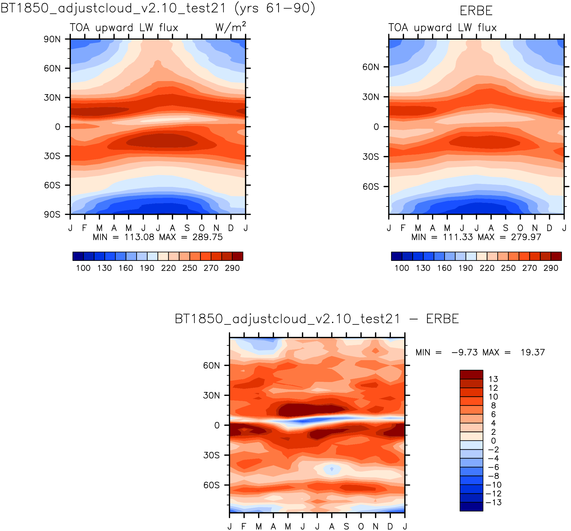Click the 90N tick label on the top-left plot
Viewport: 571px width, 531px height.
pos(52,39)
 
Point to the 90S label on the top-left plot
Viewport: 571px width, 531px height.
pos(52,215)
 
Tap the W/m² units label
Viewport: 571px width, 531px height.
pos(231,27)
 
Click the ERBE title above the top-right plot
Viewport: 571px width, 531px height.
pos(476,11)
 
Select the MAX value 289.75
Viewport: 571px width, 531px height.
pos(207,237)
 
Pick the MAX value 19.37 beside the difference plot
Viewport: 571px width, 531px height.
pos(533,352)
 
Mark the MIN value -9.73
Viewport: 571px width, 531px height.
pos(464,352)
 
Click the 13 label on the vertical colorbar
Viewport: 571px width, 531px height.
pos(493,379)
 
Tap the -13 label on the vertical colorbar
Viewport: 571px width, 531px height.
pos(493,502)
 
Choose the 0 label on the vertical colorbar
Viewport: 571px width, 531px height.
pos(493,441)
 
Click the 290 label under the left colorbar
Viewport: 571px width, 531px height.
pos(232,268)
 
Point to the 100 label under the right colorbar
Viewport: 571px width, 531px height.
pos(402,268)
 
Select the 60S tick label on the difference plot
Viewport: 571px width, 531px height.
pos(211,485)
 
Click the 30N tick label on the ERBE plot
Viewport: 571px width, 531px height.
pos(370,97)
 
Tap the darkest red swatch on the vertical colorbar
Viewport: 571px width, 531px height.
pos(471,374)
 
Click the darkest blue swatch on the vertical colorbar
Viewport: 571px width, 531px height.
pos(471,507)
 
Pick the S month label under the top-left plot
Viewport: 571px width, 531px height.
pos(187,228)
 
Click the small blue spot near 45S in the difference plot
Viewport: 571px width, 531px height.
pos(332,469)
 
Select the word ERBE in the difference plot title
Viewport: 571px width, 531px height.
pos(442,319)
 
